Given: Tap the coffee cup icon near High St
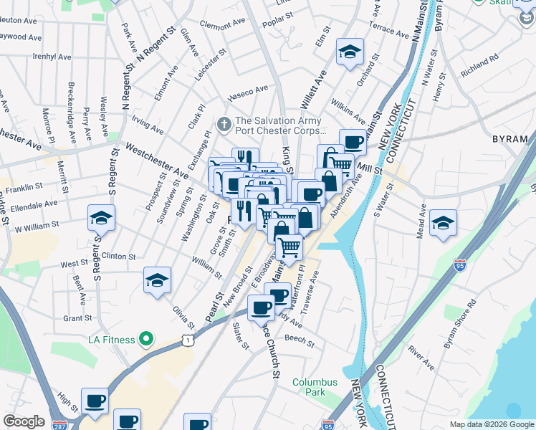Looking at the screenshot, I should click(x=94, y=401).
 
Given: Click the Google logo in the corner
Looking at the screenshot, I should click(x=24, y=421).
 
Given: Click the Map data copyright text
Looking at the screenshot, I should click(x=491, y=424).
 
